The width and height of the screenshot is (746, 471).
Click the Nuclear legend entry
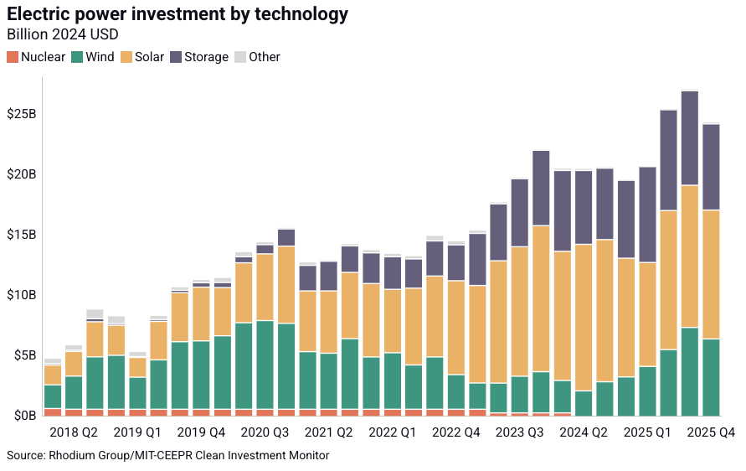[36, 57]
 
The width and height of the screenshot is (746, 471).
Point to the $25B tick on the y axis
[22, 114]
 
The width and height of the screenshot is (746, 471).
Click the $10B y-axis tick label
[22, 295]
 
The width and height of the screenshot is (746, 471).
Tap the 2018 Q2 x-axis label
[74, 432]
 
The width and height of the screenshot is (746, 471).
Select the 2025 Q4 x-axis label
[710, 432]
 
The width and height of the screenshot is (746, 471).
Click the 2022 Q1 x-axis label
[392, 432]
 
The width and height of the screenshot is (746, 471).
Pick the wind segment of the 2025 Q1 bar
[647, 387]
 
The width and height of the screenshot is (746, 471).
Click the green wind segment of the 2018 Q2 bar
[74, 392]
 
